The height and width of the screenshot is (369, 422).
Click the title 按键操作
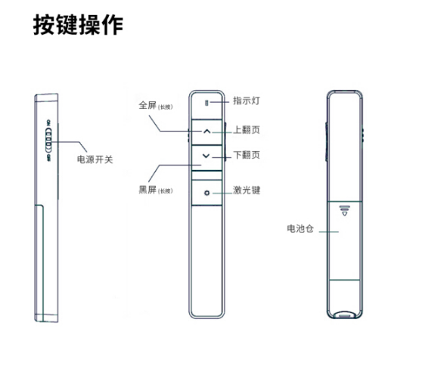[x=78, y=25]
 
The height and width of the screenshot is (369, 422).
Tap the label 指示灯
[x=247, y=101]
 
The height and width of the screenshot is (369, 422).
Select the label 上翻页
[x=247, y=130]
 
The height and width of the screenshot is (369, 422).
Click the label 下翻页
[x=247, y=155]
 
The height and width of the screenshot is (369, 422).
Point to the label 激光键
[x=247, y=190]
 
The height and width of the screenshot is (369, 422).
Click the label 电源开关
[x=95, y=160]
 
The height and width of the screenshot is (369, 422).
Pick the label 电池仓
[x=300, y=228]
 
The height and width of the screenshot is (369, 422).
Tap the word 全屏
[x=147, y=105]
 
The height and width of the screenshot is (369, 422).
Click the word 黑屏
[x=147, y=190]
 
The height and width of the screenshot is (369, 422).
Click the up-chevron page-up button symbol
[x=206, y=132]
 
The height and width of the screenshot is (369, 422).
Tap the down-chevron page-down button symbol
[x=206, y=156]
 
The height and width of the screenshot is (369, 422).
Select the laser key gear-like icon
[x=206, y=193]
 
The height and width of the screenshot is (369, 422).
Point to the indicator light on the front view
[x=206, y=103]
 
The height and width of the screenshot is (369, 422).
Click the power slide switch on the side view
[x=48, y=139]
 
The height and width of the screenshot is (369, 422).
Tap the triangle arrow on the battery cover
[x=345, y=213]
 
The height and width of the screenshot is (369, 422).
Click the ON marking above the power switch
[x=48, y=122]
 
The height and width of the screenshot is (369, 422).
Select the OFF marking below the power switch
[x=48, y=158]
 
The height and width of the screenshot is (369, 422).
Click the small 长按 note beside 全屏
[x=166, y=107]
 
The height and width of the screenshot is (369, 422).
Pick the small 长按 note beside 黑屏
[x=166, y=191]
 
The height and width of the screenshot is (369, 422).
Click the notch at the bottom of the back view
[x=345, y=315]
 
